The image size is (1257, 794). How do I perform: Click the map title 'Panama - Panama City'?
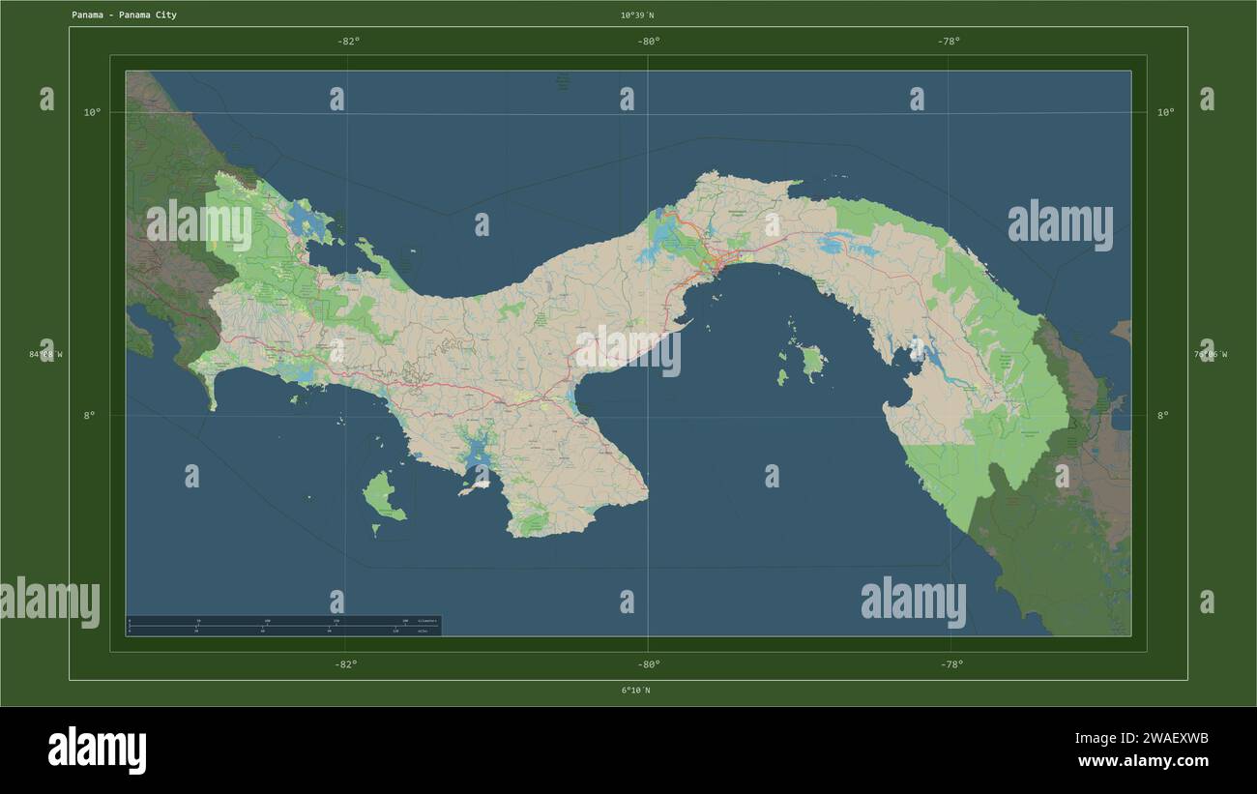tap(124, 15)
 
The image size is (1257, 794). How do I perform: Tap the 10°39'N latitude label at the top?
tap(637, 15)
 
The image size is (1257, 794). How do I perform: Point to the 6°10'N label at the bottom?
tap(635, 691)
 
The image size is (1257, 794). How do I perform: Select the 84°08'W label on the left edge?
tap(46, 354)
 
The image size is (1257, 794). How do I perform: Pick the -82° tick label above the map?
tap(348, 41)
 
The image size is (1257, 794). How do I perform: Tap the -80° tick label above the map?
tap(648, 41)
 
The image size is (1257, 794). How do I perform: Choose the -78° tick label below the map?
tap(950, 664)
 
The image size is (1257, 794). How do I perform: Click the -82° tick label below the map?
tap(345, 664)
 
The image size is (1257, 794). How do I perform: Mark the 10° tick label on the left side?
tap(92, 112)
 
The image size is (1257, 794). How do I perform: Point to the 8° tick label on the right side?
tap(1163, 415)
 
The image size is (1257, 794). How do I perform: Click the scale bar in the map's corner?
tap(283, 626)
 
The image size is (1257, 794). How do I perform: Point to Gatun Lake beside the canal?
tap(665, 235)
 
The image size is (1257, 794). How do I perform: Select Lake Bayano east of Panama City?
tap(834, 245)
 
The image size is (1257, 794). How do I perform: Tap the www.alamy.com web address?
tap(1142, 761)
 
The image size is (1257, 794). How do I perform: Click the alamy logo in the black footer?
tap(98, 750)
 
